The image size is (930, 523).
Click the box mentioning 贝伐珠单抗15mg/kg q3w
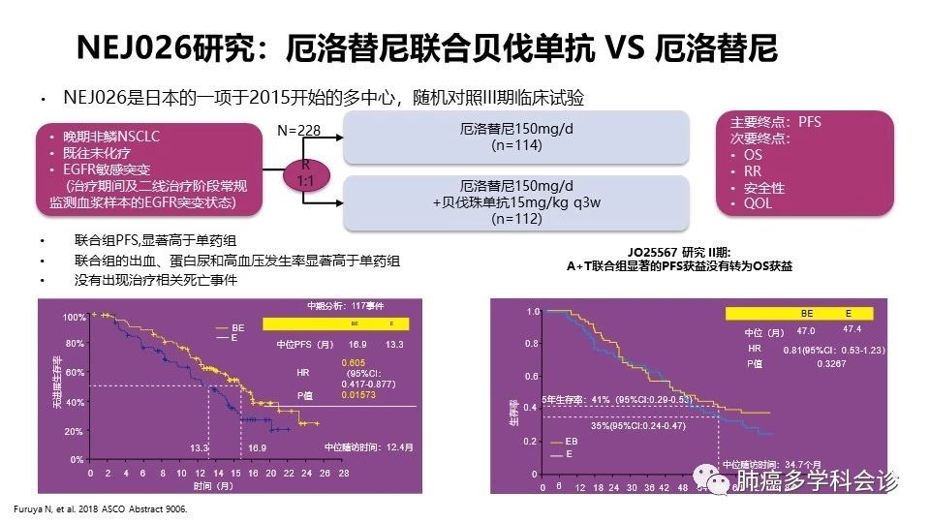(516, 201)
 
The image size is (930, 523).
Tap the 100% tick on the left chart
(75, 318)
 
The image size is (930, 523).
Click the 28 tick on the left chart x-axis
(342, 475)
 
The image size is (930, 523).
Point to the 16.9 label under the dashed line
(254, 448)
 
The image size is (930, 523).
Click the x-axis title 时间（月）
(216, 485)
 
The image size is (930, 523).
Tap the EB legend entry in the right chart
(572, 440)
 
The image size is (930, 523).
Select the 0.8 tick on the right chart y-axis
(531, 344)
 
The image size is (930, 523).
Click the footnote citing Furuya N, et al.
(98, 508)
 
